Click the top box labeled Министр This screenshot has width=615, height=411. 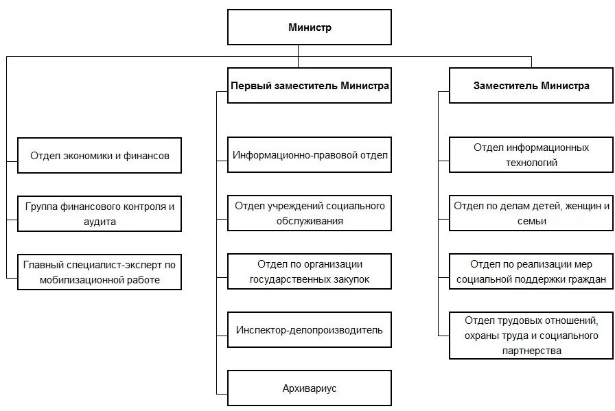309,27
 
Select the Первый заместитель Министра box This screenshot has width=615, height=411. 309,86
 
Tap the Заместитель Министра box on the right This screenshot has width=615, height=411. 531,86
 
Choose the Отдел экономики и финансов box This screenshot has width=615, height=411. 100,155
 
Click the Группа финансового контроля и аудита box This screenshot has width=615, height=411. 100,213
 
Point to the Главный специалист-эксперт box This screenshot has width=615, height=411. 100,271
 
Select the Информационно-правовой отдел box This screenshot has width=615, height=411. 310,155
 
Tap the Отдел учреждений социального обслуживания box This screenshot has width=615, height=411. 310,213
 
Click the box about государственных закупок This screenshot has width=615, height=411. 310,271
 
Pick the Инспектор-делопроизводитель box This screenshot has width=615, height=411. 310,330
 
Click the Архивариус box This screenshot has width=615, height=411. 310,388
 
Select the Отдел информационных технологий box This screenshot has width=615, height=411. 531,155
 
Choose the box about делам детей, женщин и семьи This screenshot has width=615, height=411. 531,213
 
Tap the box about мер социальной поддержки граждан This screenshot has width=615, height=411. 531,271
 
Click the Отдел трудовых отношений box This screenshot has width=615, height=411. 531,335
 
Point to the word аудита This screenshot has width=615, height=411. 100,222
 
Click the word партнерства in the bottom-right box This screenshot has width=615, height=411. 531,351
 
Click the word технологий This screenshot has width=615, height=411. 531,163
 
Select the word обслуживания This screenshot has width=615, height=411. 310,222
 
